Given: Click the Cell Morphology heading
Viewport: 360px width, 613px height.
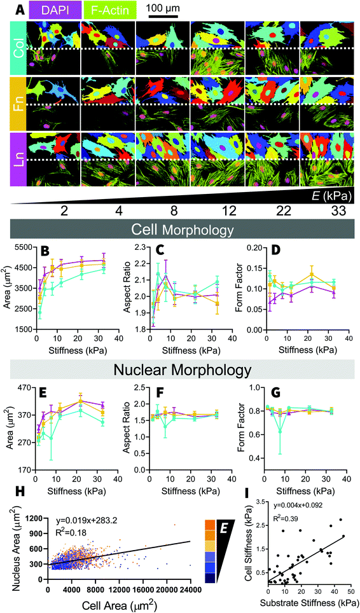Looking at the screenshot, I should click(181, 230).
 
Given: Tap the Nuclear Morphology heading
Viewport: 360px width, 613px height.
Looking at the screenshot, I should click(181, 371).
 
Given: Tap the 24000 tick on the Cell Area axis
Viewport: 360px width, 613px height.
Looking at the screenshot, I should click(190, 587).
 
